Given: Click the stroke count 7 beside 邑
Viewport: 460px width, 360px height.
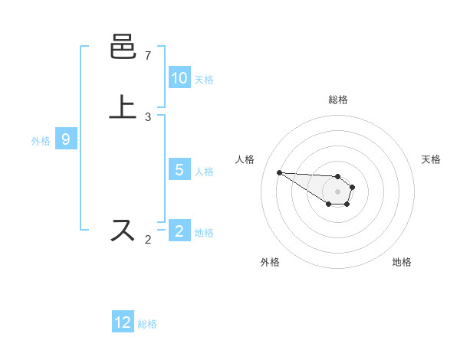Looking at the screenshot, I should click(148, 56).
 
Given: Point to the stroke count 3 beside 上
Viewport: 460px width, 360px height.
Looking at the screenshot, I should click(148, 117).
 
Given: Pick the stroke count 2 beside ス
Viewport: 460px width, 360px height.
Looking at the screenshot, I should click(148, 240).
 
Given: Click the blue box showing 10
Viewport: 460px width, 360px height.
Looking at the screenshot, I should click(179, 78).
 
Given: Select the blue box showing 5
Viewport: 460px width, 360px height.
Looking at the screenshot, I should click(179, 170).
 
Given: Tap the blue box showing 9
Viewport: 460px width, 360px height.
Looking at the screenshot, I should click(66, 139).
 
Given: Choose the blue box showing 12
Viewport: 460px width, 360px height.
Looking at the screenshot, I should click(123, 322).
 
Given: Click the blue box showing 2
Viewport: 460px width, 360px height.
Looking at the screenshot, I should click(179, 231).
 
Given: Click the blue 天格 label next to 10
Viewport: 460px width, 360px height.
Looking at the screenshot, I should click(204, 80).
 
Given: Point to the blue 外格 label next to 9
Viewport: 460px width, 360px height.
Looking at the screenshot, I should click(41, 141).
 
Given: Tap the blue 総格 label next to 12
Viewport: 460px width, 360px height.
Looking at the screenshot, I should click(147, 324).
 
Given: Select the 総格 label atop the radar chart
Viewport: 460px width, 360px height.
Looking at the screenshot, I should click(338, 100).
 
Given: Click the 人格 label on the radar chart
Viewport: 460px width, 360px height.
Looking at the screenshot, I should click(245, 159).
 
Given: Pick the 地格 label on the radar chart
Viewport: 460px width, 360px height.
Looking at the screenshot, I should click(402, 262).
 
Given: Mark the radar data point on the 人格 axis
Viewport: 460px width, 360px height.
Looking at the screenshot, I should click(279, 172).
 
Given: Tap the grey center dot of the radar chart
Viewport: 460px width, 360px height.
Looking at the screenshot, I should click(338, 191).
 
